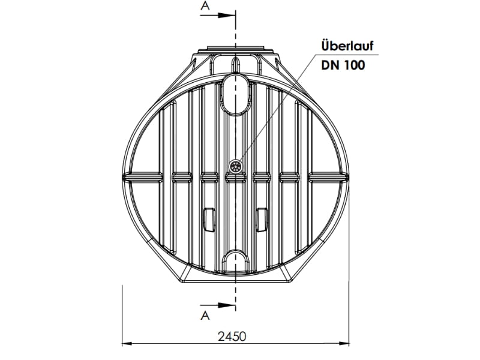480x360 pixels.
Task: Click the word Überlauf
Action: (x=343, y=47)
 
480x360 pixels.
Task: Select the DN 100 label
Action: (x=343, y=64)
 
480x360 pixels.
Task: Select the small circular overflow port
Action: (x=236, y=166)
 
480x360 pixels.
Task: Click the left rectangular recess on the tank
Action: (x=209, y=219)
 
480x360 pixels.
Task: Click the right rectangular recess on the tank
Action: (x=262, y=219)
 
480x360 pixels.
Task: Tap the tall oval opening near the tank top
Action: (x=235, y=93)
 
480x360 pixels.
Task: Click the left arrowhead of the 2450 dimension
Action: (x=127, y=344)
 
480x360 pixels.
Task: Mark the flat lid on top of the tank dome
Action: (x=235, y=48)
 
